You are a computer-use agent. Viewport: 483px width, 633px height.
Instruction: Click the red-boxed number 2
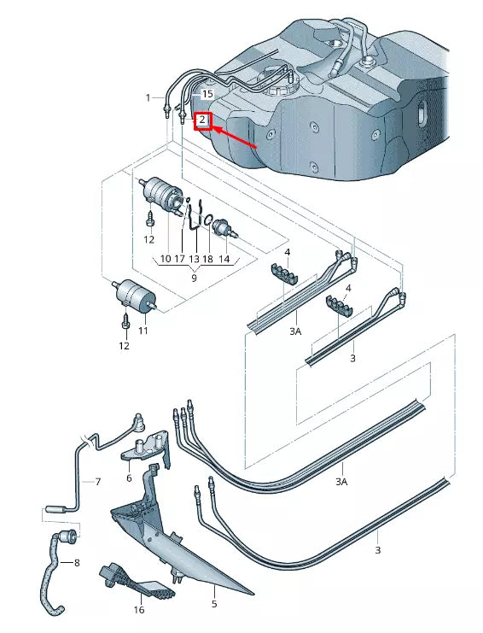click(202, 120)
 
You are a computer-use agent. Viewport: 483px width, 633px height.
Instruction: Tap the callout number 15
click(207, 93)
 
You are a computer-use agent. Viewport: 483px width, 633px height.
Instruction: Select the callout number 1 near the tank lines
click(148, 97)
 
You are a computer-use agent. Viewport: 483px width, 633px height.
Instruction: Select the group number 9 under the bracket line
click(194, 278)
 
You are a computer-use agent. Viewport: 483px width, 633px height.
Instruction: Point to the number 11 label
click(143, 330)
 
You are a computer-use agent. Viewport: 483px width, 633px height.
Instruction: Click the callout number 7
click(97, 482)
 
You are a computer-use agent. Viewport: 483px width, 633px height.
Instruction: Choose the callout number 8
click(76, 563)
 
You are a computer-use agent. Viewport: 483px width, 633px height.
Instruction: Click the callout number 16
click(138, 611)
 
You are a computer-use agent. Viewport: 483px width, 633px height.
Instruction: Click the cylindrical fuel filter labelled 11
click(136, 295)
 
